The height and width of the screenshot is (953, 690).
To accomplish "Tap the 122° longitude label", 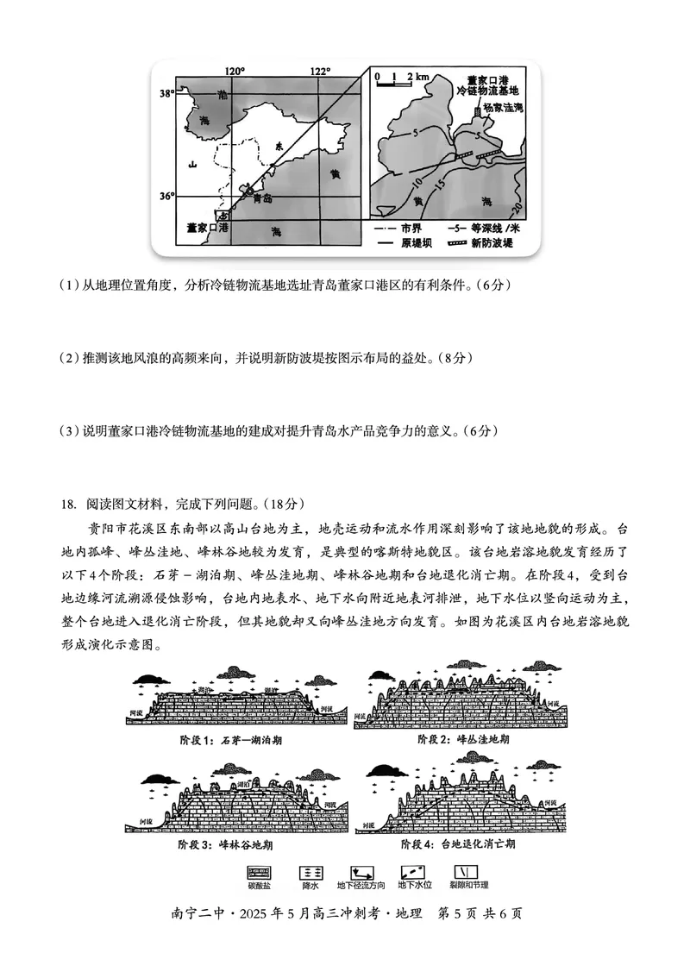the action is point(320,71).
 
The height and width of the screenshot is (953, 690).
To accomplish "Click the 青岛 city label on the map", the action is point(262,197).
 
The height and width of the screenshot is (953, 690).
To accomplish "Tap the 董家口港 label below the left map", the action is point(207,229).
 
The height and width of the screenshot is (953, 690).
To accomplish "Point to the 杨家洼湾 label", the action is point(504,108).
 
